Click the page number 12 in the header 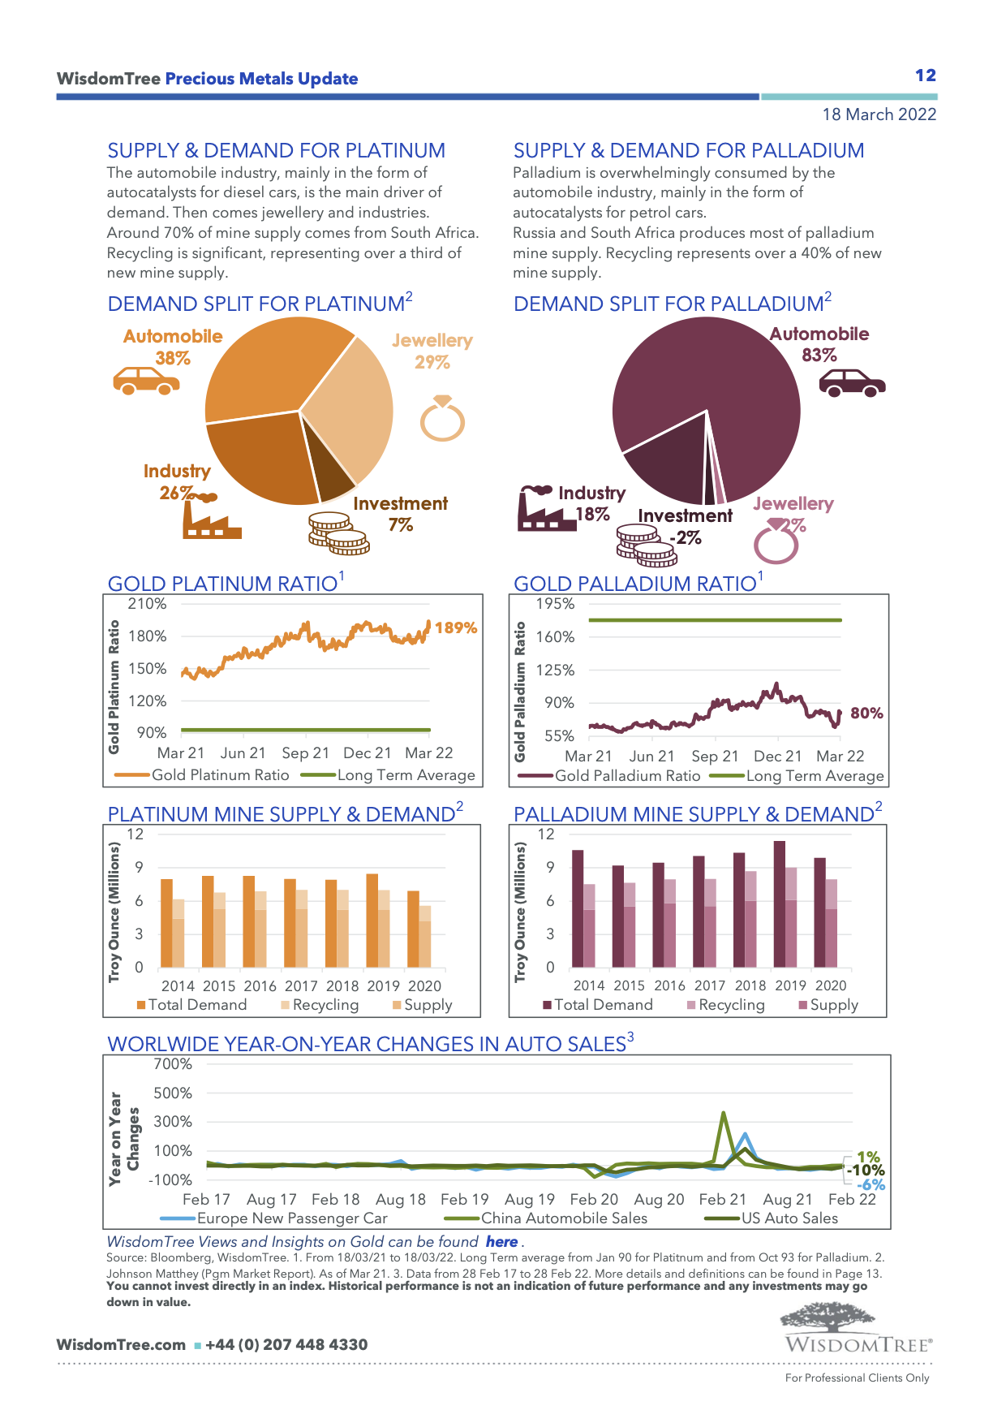(925, 75)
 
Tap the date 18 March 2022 (879, 114)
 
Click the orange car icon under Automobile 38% (146, 380)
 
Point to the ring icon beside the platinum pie (442, 419)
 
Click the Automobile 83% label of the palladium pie (819, 344)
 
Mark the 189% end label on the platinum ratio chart (456, 627)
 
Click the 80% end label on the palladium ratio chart (866, 713)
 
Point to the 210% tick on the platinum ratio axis (147, 604)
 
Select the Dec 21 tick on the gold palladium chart (777, 757)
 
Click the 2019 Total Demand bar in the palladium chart (779, 903)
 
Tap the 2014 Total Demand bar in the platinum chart (166, 923)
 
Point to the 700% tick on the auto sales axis (173, 1064)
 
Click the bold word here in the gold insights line (501, 1242)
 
